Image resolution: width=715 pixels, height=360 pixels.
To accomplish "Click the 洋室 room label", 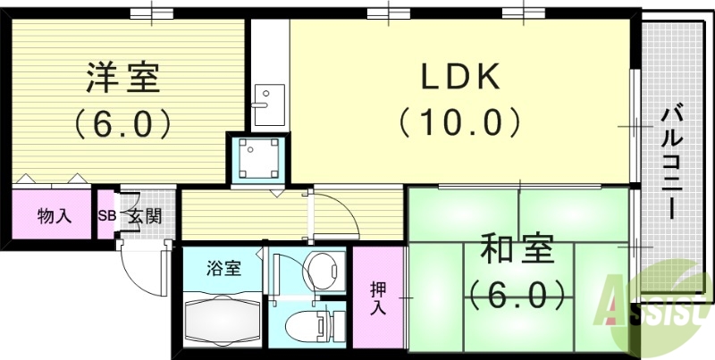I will point(122,79).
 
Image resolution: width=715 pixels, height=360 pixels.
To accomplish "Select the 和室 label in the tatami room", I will point(518,248).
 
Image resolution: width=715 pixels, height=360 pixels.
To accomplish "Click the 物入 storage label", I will point(53,214).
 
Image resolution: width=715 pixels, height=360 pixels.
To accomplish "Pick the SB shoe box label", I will point(105,215).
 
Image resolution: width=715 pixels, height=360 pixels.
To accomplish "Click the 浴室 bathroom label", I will point(223,268).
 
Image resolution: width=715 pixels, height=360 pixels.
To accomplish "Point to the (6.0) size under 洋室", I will point(122,122).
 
